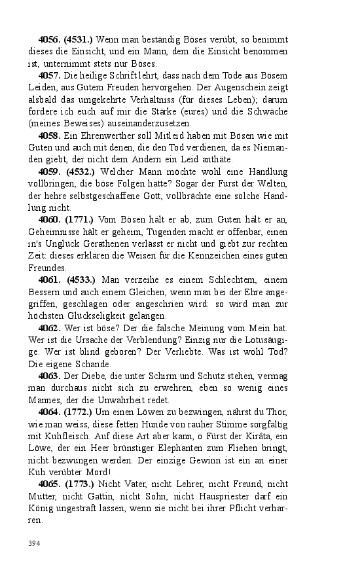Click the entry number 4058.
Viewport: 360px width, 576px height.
point(49,135)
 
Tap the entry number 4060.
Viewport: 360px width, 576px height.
point(49,219)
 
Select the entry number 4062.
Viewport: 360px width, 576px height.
point(49,327)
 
